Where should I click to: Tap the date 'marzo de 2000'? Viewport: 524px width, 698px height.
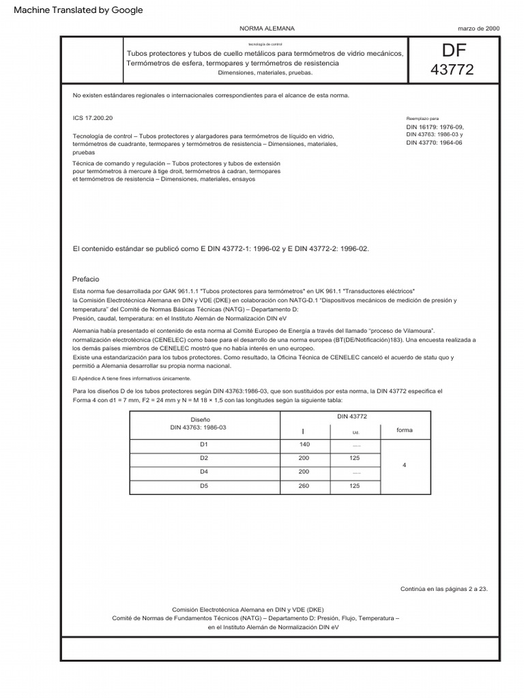tap(478, 29)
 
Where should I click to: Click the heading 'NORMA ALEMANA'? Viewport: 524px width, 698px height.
tap(267, 29)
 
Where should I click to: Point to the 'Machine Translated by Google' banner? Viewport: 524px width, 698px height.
tap(78, 10)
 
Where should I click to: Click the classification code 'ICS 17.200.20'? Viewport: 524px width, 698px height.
tap(93, 118)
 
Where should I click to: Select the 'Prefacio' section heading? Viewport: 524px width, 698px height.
tap(86, 279)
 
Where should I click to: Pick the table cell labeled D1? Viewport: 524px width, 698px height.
tap(204, 444)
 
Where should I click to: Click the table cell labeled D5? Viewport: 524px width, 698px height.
tap(204, 486)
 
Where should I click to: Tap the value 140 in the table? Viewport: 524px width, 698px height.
tap(304, 444)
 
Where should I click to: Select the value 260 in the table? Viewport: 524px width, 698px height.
tap(304, 486)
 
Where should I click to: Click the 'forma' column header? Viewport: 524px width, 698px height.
tap(405, 430)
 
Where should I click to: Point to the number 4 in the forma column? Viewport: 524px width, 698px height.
tap(405, 465)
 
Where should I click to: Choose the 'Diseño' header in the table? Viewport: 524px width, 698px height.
tap(201, 419)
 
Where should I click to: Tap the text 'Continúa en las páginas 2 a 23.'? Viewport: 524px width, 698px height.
tap(443, 589)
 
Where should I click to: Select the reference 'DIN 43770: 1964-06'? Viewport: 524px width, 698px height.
tap(435, 142)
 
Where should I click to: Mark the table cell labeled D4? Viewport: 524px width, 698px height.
tap(204, 472)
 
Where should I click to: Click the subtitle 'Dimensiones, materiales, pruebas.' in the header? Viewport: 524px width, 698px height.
tap(265, 72)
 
